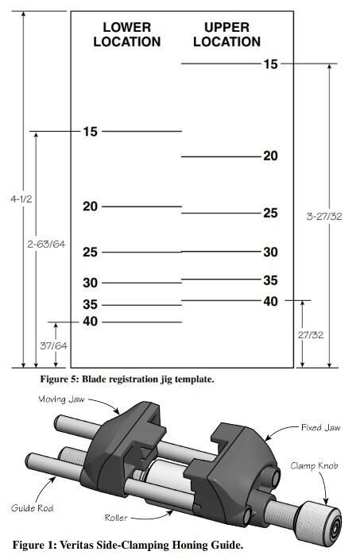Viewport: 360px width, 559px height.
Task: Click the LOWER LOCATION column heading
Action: tap(126, 34)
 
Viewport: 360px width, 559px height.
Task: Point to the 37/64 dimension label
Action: tap(54, 347)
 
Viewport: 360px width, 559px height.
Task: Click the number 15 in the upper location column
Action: tap(271, 64)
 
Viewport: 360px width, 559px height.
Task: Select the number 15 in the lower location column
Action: tap(91, 132)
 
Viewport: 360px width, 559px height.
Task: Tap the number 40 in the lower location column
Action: tap(91, 322)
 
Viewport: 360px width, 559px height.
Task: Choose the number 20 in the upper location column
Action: tap(271, 156)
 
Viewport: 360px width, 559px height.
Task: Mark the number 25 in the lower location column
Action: tap(91, 253)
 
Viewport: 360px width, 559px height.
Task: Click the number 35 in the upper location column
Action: tap(271, 280)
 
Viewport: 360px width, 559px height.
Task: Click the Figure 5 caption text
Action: tap(137, 380)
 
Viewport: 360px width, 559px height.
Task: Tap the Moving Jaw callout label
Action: tap(63, 400)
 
